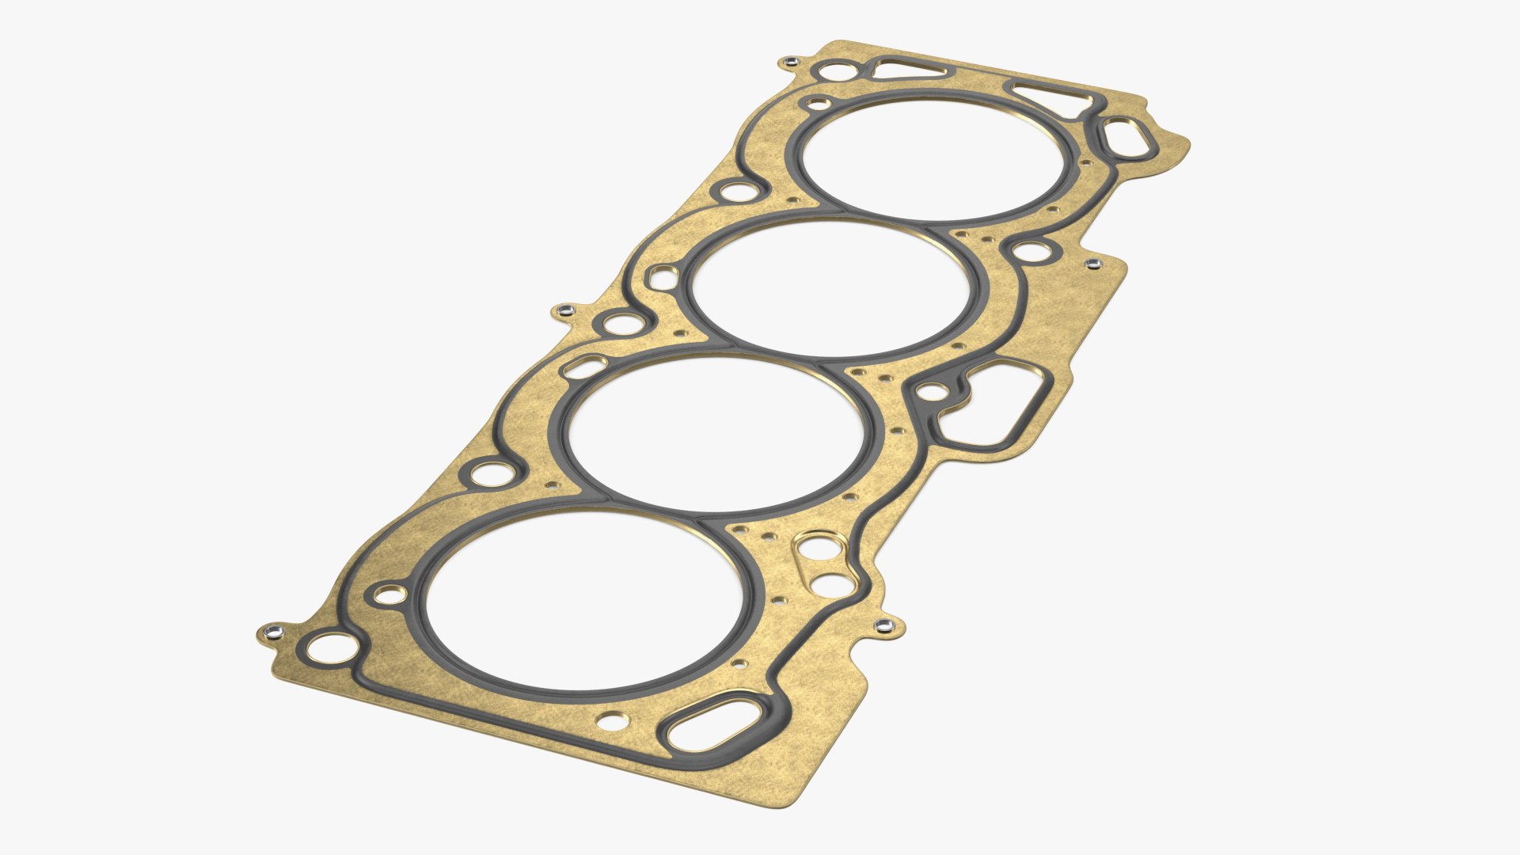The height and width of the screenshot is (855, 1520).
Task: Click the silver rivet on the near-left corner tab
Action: click(273, 631)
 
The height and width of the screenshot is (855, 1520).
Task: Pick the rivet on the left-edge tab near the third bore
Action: click(564, 310)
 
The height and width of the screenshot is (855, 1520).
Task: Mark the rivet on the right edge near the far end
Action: click(1093, 263)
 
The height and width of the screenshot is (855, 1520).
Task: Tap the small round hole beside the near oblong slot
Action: click(613, 721)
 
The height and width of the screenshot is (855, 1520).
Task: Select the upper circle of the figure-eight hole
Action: click(814, 547)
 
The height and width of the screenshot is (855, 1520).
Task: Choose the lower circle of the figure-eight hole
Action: click(830, 585)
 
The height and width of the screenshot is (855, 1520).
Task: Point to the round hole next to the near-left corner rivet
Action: click(330, 647)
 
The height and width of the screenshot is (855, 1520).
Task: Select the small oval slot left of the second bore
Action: click(585, 367)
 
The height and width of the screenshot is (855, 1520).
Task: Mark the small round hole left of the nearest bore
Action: click(390, 595)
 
